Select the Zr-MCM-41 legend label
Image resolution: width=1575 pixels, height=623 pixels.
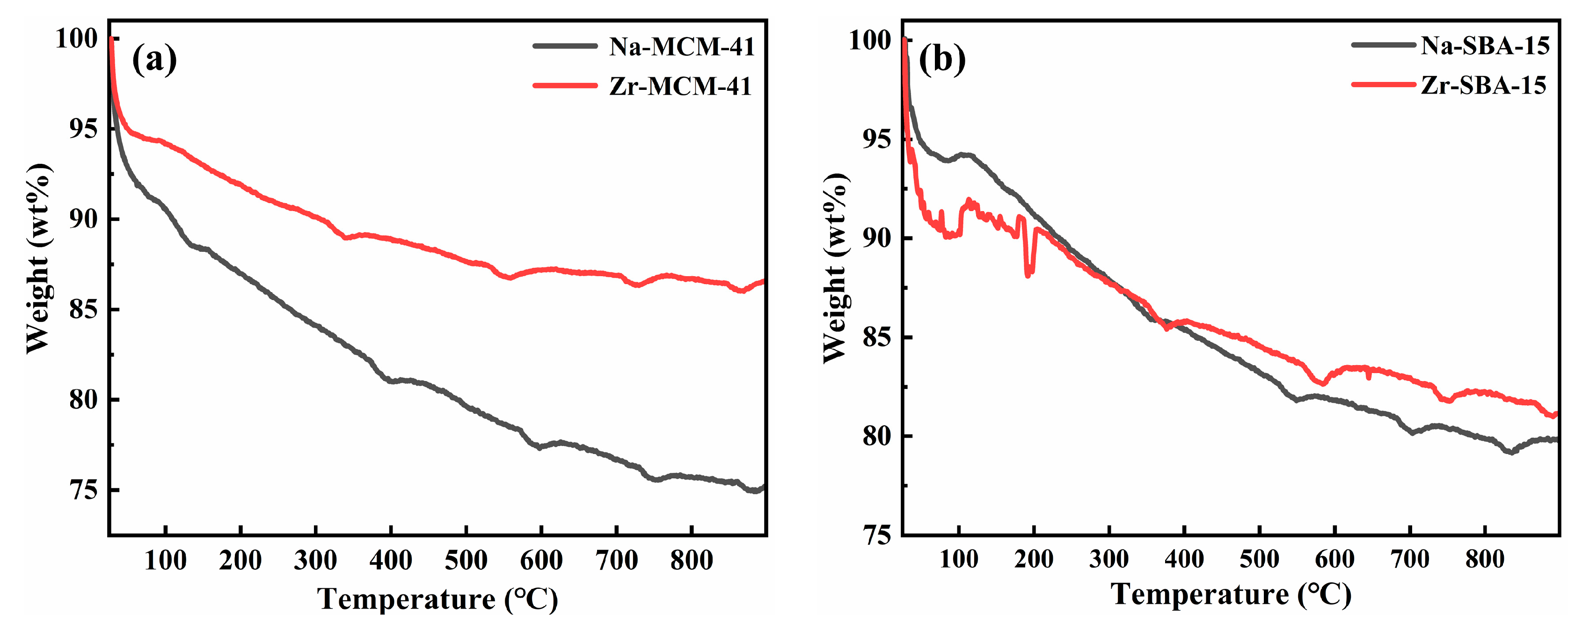680,86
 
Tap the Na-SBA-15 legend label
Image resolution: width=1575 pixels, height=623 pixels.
1485,45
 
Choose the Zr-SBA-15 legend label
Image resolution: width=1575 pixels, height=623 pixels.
1483,85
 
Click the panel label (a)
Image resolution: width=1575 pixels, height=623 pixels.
154,59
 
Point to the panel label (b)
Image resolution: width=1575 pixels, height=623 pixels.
942,59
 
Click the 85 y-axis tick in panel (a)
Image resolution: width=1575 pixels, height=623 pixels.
83,310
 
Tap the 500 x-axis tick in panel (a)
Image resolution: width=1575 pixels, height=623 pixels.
466,560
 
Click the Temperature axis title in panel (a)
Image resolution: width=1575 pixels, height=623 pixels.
437,599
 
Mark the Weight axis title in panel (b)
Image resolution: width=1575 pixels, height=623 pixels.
836,268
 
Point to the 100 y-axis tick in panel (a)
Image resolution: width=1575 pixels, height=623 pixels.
76,39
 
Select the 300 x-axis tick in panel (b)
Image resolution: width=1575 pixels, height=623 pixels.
1108,559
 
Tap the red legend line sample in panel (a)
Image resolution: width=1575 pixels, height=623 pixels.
564,86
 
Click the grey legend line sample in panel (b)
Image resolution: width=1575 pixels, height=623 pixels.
1383,44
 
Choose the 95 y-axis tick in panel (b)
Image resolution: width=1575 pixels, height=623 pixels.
877,139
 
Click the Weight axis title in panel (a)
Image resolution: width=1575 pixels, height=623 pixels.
38,258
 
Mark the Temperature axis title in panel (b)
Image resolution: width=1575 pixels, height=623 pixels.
1230,594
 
